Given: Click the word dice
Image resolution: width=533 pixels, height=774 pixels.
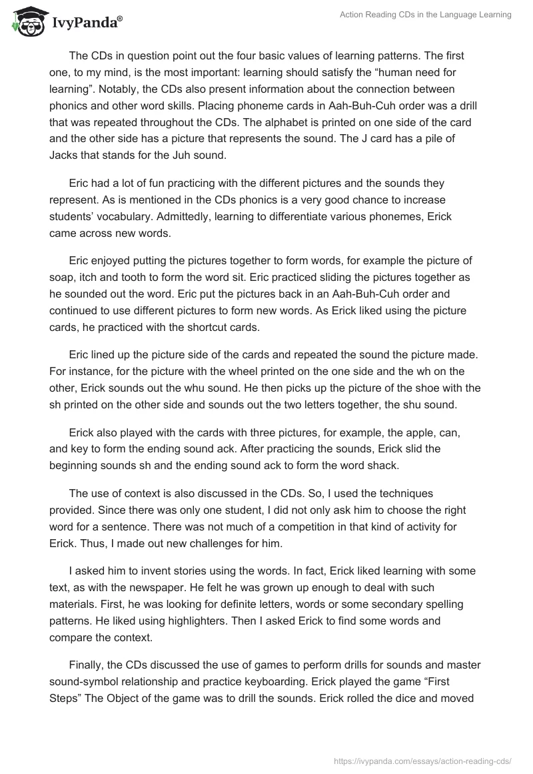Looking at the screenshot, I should click(424, 698).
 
